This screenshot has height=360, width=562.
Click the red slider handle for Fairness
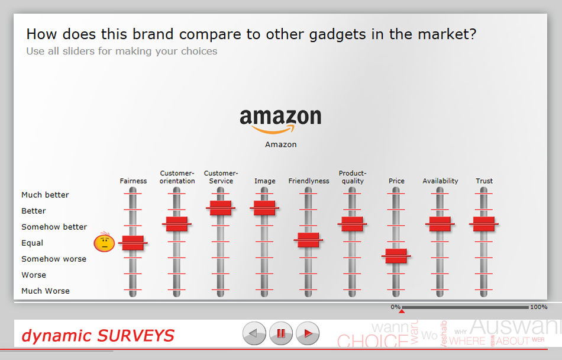(x=133, y=243)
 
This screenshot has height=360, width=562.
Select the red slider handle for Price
(x=396, y=256)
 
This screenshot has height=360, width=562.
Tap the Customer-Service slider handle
(x=221, y=208)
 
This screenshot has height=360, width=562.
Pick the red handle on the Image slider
(x=264, y=208)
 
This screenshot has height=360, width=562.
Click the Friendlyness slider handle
(x=308, y=240)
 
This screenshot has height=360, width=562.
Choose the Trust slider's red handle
(x=484, y=224)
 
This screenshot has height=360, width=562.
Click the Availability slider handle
(x=440, y=224)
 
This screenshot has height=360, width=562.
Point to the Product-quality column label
(x=352, y=177)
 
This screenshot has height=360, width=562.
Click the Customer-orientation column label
(x=177, y=177)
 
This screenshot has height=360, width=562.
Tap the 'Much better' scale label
(x=45, y=195)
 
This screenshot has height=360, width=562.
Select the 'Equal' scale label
(x=33, y=243)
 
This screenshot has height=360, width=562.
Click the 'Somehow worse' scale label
(x=54, y=259)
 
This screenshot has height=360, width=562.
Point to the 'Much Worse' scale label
(x=46, y=291)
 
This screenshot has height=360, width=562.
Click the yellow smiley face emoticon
(x=104, y=243)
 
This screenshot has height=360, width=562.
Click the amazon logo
(x=280, y=120)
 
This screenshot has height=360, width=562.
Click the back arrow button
(x=254, y=334)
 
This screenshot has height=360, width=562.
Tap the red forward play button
(x=308, y=334)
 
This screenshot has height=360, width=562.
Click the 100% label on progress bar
(x=538, y=307)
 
